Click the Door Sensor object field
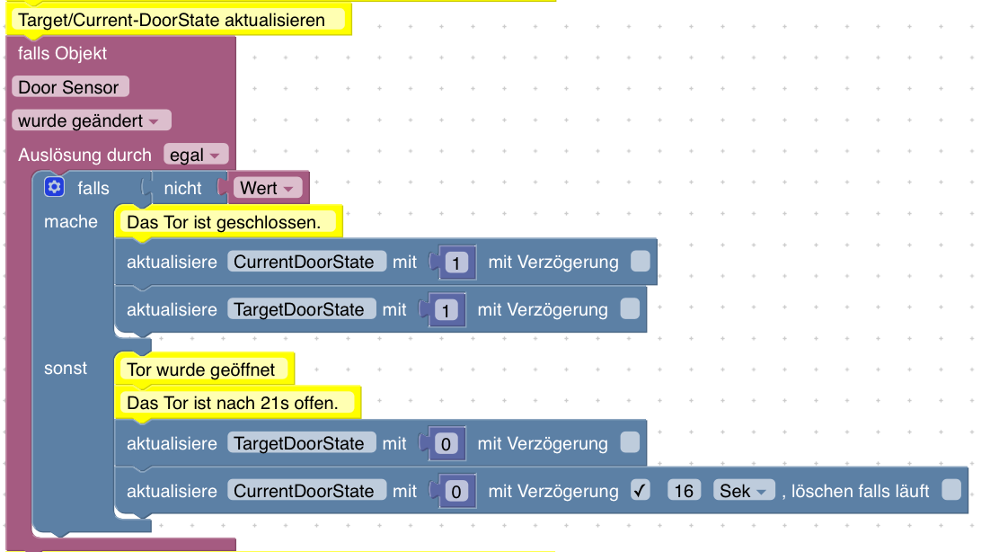[69, 87]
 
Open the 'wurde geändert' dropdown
[91, 120]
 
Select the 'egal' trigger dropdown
[196, 155]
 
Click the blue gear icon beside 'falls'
[55, 187]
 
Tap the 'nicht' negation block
[182, 189]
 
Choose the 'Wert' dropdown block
[267, 189]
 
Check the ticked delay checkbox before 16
[641, 491]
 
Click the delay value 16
[685, 491]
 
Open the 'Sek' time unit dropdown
[744, 491]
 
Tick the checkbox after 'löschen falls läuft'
[951, 490]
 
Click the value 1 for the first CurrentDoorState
[456, 263]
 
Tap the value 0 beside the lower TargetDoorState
[446, 443]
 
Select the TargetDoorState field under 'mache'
[300, 309]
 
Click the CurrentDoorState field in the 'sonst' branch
[305, 491]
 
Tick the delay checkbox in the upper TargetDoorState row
[630, 309]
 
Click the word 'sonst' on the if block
[66, 369]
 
